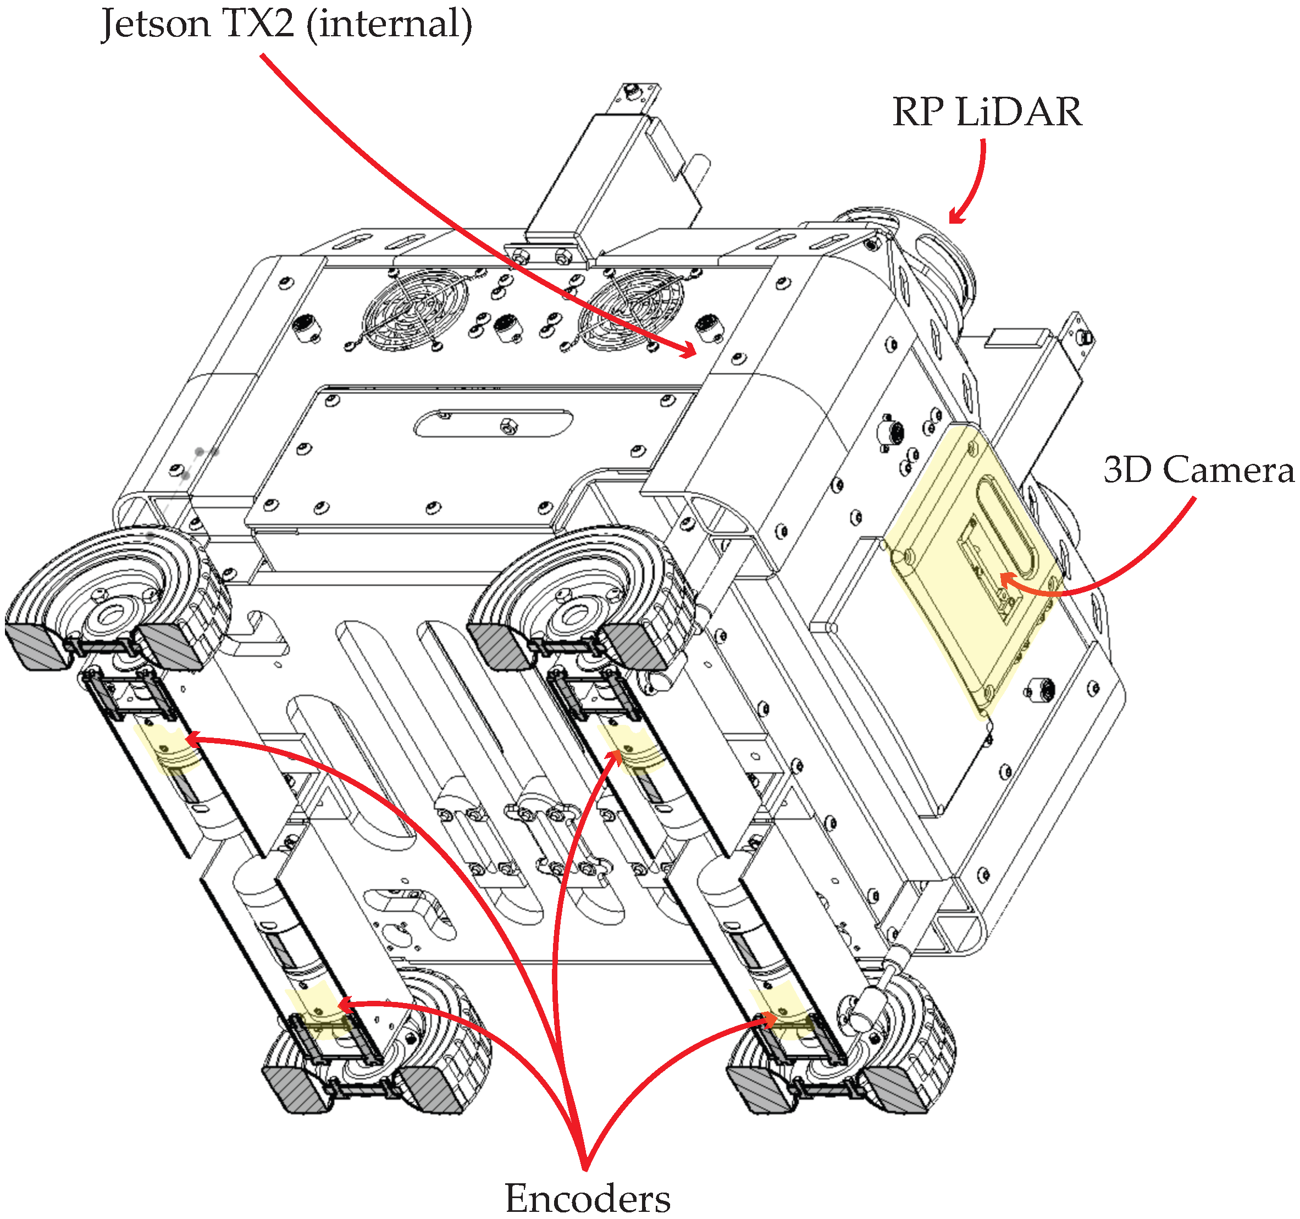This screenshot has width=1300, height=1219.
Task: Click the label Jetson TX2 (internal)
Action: [x=286, y=24]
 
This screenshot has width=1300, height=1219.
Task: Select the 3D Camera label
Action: [x=1198, y=469]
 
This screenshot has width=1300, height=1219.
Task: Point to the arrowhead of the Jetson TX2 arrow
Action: [x=692, y=352]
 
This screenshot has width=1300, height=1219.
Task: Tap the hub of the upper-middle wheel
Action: [x=576, y=616]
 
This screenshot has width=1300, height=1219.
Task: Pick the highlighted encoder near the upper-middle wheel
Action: [x=631, y=749]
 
